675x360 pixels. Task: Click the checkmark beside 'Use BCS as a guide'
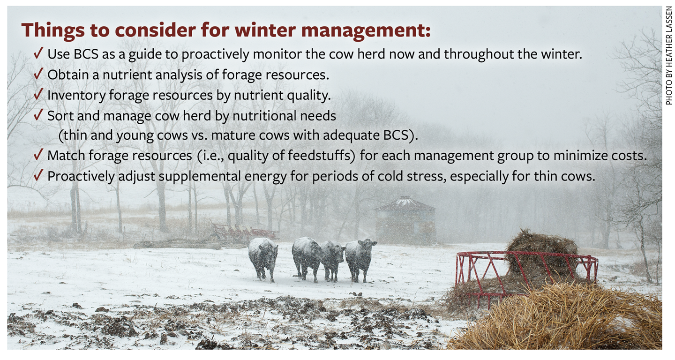38,53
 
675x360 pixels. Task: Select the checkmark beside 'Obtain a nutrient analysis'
38,74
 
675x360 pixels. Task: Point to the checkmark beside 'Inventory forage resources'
38,95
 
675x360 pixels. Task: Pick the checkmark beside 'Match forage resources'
38,155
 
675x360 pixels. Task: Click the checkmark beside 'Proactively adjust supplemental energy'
38,176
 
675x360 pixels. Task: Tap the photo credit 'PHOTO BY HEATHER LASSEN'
668,56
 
